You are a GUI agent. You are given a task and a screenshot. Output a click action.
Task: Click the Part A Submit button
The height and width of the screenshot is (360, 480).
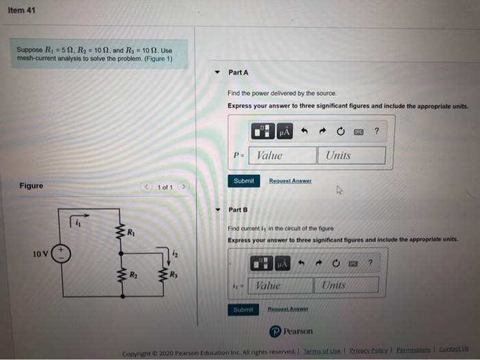pyautogui.click(x=243, y=181)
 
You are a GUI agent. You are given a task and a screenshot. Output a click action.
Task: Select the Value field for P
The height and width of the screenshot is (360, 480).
pyautogui.click(x=281, y=156)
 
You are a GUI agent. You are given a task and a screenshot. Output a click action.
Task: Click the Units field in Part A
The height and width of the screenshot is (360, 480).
pyautogui.click(x=350, y=156)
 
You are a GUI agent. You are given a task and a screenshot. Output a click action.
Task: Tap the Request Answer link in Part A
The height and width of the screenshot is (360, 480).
pyautogui.click(x=289, y=181)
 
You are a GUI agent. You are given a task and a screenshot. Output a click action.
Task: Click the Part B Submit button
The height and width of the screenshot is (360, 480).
pyautogui.click(x=243, y=310)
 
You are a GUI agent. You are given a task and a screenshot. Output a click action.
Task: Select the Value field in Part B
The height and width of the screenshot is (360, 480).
pyautogui.click(x=280, y=285)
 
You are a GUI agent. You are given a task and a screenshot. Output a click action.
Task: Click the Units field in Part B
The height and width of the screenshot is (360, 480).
pyautogui.click(x=346, y=285)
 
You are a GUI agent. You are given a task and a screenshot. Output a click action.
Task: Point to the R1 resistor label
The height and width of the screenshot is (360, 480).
pyautogui.click(x=131, y=232)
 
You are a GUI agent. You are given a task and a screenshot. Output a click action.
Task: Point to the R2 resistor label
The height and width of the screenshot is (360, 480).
pyautogui.click(x=134, y=275)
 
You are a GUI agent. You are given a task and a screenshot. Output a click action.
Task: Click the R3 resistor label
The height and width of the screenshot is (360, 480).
pyautogui.click(x=175, y=275)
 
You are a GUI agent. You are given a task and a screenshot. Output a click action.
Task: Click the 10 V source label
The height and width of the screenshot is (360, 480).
pyautogui.click(x=41, y=254)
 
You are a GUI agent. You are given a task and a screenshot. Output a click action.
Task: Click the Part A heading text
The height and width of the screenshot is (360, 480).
pyautogui.click(x=238, y=72)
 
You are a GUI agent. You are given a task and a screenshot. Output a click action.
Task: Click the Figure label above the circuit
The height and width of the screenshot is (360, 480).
pyautogui.click(x=31, y=186)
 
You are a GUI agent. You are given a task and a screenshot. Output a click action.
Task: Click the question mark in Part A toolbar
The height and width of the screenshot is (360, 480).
pyautogui.click(x=376, y=130)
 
